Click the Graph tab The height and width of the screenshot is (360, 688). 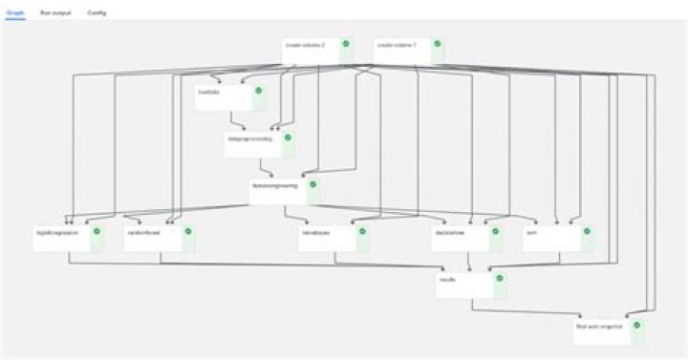pyautogui.click(x=15, y=13)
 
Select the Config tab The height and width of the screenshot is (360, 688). pyautogui.click(x=97, y=13)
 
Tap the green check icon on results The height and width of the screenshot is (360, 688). pyautogui.click(x=500, y=278)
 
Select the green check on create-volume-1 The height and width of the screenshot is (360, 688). pyautogui.click(x=437, y=44)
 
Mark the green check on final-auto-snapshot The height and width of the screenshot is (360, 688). pyautogui.click(x=636, y=325)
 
